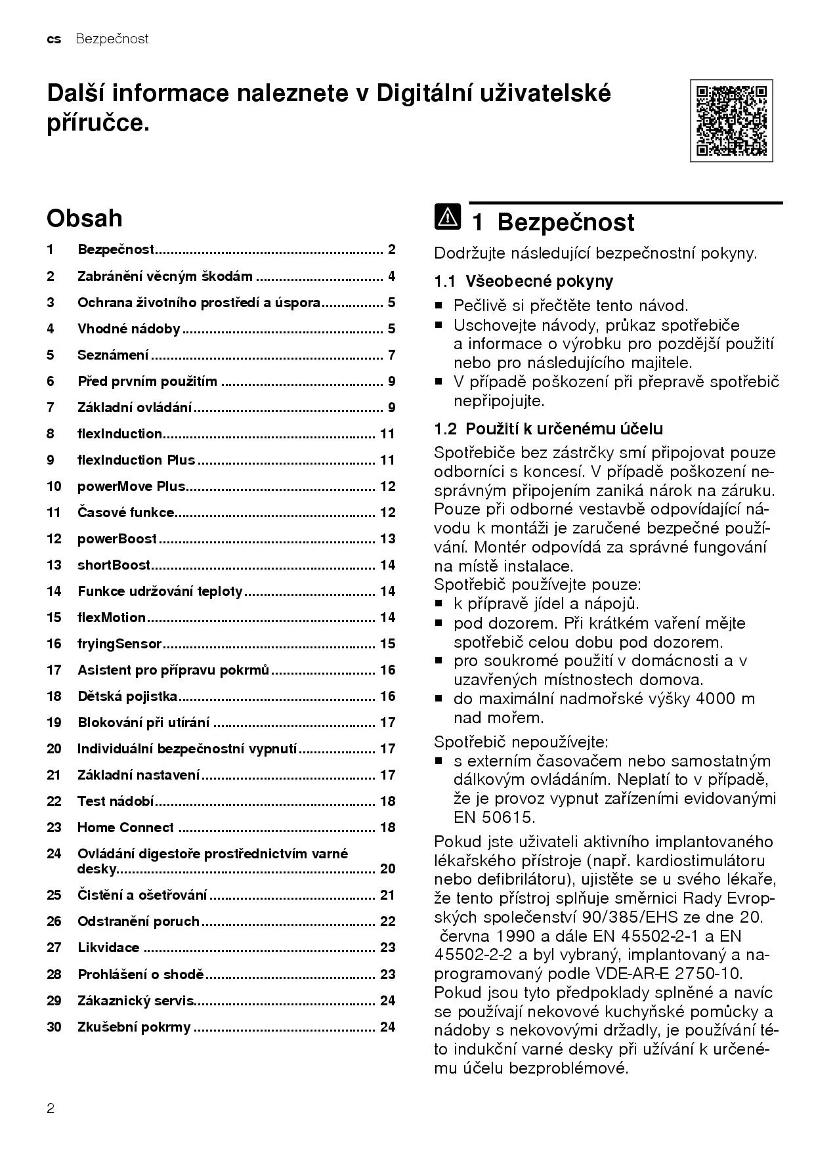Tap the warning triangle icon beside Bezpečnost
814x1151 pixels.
coord(447,217)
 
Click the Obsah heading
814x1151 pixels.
coord(85,218)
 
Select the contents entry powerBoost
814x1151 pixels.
coord(118,539)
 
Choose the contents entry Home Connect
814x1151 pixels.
coord(125,827)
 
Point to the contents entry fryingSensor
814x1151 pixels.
coord(119,644)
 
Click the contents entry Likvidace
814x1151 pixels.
coord(108,948)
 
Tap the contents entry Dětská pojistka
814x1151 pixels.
coord(127,696)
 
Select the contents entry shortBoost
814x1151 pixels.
coord(114,565)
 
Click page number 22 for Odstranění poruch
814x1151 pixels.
coord(387,921)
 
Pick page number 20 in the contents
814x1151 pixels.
coord(387,869)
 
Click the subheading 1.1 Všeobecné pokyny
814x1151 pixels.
coord(523,282)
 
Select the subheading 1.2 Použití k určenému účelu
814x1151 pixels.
coord(548,429)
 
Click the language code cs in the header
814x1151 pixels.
coord(54,39)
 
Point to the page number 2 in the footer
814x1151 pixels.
coord(51,1109)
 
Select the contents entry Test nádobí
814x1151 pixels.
coord(116,801)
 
